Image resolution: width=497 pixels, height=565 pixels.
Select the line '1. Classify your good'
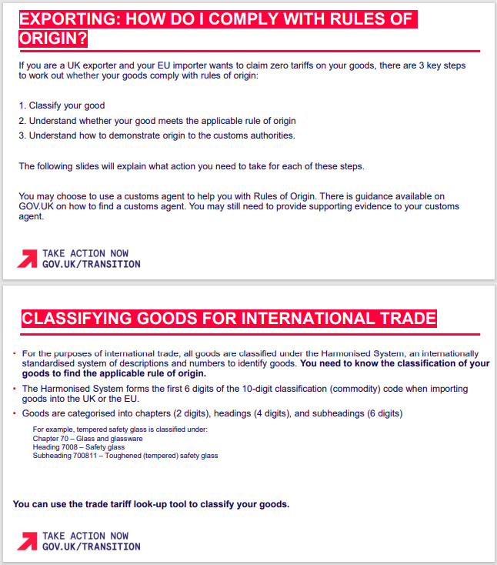pyautogui.click(x=62, y=105)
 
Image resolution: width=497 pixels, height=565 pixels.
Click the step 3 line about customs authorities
pyautogui.click(x=157, y=135)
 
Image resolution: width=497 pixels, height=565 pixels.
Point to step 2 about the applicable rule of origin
pyautogui.click(x=157, y=121)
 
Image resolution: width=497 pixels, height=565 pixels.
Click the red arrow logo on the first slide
pyautogui.click(x=28, y=259)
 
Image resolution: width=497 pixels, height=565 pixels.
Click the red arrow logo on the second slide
pyautogui.click(x=28, y=541)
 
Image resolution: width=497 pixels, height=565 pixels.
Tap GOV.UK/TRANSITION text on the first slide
pyautogui.click(x=91, y=264)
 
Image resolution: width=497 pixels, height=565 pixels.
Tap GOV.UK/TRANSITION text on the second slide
pyautogui.click(x=91, y=547)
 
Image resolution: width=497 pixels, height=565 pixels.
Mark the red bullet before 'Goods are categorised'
pyautogui.click(x=15, y=413)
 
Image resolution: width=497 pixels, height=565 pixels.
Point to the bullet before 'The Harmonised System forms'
pyautogui.click(x=15, y=389)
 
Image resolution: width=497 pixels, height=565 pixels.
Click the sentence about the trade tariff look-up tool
pyautogui.click(x=151, y=504)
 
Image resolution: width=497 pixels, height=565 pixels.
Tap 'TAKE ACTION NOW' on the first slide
pyautogui.click(x=85, y=253)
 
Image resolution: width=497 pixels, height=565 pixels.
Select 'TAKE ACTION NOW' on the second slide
pyautogui.click(x=85, y=536)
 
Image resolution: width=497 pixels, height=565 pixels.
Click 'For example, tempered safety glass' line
pyautogui.click(x=120, y=429)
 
